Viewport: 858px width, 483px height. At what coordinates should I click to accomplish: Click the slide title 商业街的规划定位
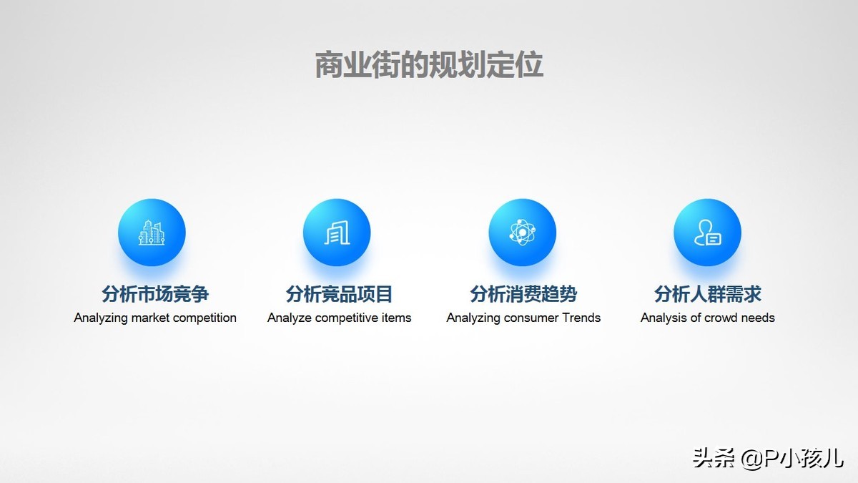tap(429, 65)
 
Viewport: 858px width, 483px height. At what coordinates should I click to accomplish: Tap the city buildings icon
tap(152, 233)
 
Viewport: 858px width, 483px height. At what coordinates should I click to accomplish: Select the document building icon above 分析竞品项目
tap(337, 233)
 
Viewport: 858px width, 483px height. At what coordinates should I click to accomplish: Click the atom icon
tap(522, 233)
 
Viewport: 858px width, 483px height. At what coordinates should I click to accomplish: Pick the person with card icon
tap(707, 233)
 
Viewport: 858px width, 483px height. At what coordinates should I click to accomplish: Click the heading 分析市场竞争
tap(155, 294)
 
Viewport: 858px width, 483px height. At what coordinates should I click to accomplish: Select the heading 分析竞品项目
tap(340, 294)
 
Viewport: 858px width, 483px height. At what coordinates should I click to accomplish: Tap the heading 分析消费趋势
tap(523, 294)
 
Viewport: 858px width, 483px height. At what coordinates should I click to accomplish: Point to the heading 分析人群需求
tap(708, 294)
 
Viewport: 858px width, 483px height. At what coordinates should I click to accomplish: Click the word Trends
tap(581, 318)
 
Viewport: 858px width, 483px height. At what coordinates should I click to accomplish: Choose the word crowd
tap(721, 318)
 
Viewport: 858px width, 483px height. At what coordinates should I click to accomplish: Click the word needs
tap(758, 318)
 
